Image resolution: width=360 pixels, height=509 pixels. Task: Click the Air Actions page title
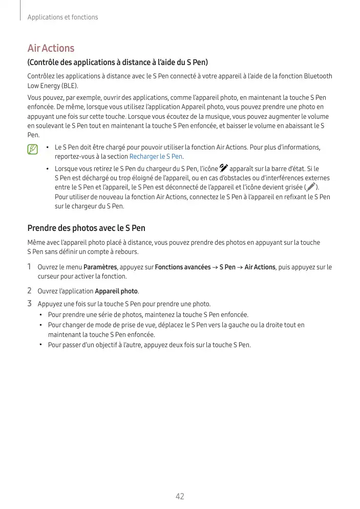tap(51, 48)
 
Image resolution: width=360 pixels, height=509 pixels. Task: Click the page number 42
tap(180, 496)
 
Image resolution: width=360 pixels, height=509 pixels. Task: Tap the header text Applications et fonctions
tap(62, 17)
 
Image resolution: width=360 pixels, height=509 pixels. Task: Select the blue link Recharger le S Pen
tap(156, 157)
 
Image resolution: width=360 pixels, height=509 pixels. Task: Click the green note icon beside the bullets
tap(33, 149)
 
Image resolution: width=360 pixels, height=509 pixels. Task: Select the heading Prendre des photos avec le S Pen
tap(86, 228)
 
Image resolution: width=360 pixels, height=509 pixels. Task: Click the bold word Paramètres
tap(100, 267)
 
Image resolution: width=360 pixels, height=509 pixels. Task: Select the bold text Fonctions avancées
tap(182, 267)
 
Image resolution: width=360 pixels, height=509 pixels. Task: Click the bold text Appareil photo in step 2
tap(116, 291)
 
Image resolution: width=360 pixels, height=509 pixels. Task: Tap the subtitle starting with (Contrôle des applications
tap(117, 63)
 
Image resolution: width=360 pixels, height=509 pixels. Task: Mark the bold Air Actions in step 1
tap(260, 267)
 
